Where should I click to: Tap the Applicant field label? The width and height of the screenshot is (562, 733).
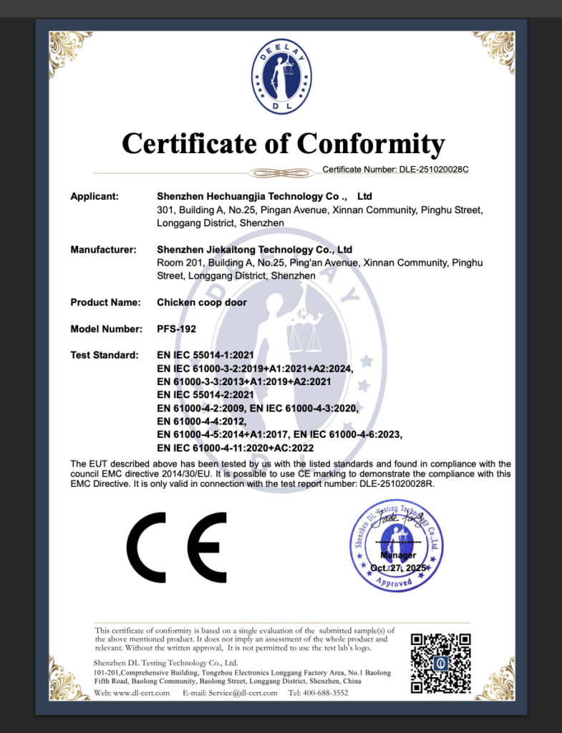95,195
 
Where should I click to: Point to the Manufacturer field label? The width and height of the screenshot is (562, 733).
103,250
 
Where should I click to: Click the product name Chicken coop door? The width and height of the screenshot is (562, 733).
201,302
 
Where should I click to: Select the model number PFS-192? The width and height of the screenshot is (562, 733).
175,329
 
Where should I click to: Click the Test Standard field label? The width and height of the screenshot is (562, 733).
104,355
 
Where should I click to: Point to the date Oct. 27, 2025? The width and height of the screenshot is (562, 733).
398,567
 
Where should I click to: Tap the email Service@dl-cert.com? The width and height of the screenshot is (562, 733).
243,693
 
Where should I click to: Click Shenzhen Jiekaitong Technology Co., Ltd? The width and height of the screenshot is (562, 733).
254,250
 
